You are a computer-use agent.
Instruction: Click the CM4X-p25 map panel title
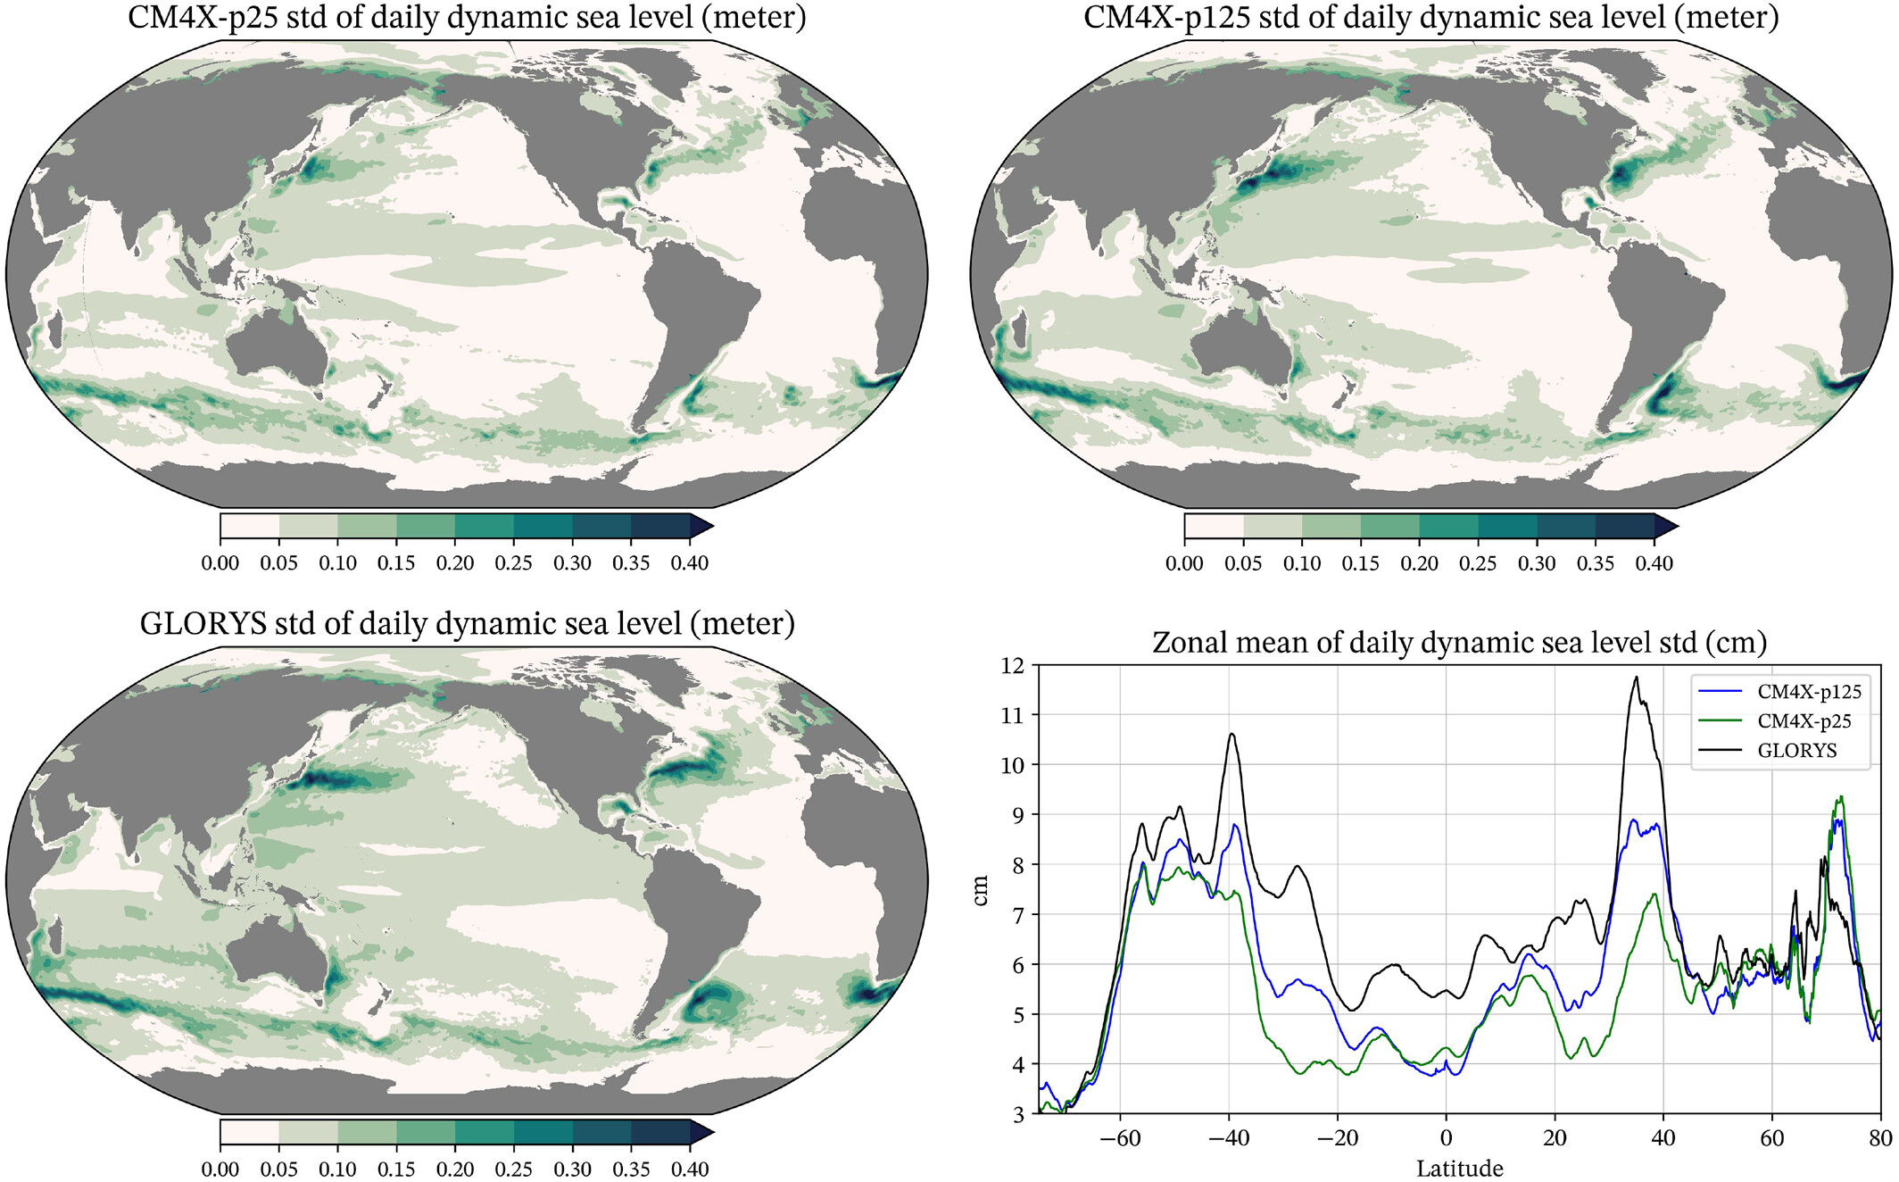[x=467, y=18]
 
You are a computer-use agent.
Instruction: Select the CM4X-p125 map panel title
[x=1430, y=18]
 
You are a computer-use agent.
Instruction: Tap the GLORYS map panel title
[x=467, y=623]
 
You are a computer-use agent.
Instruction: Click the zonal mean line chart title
[x=1459, y=643]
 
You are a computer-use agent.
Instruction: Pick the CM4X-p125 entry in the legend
[x=1809, y=692]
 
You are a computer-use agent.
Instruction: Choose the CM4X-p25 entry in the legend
[x=1804, y=721]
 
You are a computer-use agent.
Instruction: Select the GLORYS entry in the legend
[x=1796, y=751]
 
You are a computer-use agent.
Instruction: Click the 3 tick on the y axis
[x=1018, y=1114]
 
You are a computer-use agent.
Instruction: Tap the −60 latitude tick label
[x=1120, y=1138]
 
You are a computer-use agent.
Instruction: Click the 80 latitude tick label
[x=1880, y=1138]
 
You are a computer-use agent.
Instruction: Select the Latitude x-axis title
[x=1459, y=1169]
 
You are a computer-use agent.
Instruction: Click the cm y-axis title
[x=980, y=890]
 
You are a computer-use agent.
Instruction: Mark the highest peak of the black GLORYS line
[x=1636, y=677]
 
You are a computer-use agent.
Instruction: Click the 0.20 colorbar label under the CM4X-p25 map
[x=454, y=563]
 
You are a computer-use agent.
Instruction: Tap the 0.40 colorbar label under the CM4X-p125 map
[x=1654, y=563]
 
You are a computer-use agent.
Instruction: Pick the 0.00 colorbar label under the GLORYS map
[x=220, y=1169]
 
